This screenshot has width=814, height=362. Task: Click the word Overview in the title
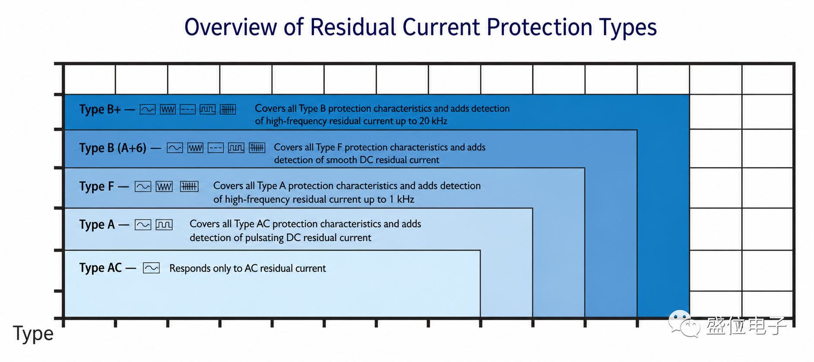coord(231,27)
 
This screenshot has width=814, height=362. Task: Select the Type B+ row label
coord(100,109)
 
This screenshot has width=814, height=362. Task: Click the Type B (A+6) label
coord(113,148)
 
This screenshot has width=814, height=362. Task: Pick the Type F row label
coord(96,187)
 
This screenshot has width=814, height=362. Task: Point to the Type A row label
coord(97,225)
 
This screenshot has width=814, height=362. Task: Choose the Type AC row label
coord(100,268)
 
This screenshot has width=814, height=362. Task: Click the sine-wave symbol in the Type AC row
coord(151,268)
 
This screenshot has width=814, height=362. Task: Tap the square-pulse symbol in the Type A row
coord(164,225)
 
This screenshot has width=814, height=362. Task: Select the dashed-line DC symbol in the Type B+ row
coord(188,109)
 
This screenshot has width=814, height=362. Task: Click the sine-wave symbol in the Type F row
coord(143,187)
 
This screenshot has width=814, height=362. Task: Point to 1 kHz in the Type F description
coord(402,199)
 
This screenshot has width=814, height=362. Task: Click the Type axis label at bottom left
coord(33,334)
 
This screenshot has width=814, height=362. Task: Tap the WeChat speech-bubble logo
coord(684,324)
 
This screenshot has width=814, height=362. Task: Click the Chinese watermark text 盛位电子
coord(746,326)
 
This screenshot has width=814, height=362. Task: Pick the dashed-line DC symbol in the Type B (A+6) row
coord(215,148)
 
